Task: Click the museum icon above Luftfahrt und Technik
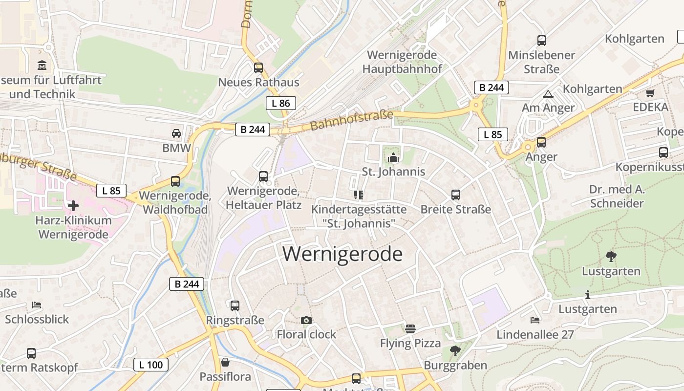pos(42,65)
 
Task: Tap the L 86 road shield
pos(281,103)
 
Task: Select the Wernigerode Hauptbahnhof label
pos(402,62)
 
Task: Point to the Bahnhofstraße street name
pos(351,120)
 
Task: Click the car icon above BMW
pos(176,133)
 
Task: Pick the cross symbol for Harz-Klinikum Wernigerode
pos(73,206)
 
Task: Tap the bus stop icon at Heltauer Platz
pos(263,176)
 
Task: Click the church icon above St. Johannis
pos(393,157)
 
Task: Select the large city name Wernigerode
pos(342,254)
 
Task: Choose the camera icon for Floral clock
pos(306,321)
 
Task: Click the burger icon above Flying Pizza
pos(410,329)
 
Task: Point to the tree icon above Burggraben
pos(455,350)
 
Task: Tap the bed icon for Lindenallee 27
pos(535,320)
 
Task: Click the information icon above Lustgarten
pos(587,295)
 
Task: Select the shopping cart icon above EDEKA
pos(650,93)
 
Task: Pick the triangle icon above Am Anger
pos(548,94)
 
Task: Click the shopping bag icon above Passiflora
pos(225,362)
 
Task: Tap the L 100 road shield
pos(151,364)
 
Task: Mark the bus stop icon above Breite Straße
pos(456,195)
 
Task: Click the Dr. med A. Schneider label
pos(617,196)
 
